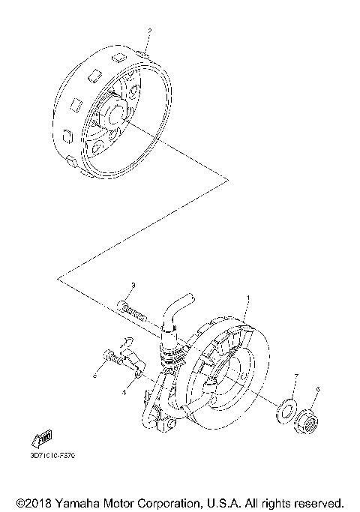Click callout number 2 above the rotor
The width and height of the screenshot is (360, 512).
coord(149,31)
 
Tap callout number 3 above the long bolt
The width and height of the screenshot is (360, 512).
coord(132,285)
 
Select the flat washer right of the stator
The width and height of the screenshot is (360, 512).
coord(284,409)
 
